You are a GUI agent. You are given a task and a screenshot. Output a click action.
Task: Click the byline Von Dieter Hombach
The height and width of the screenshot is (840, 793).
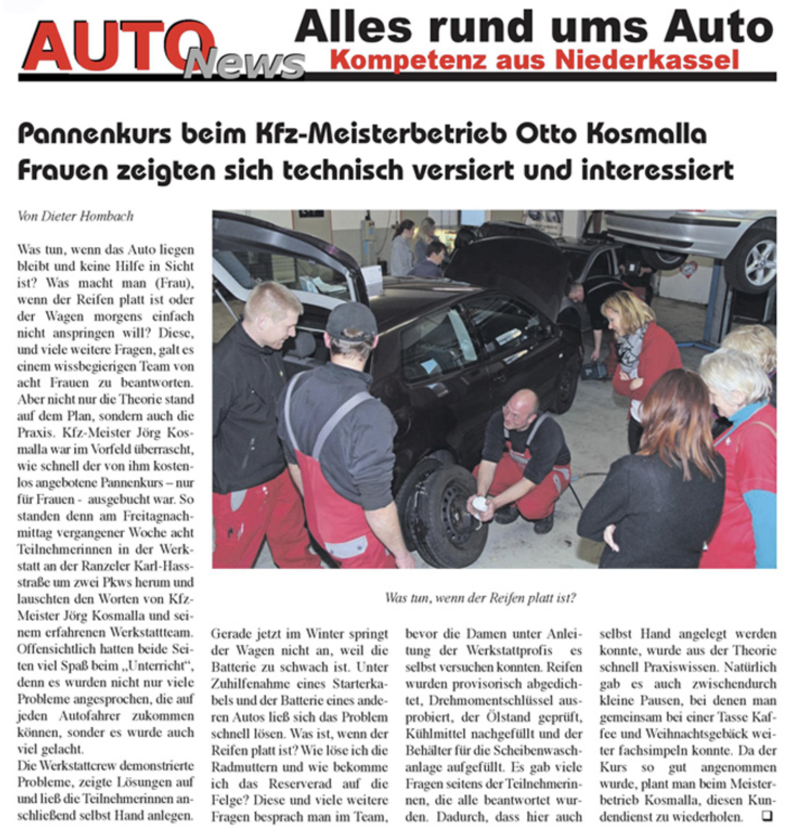pyautogui.click(x=76, y=216)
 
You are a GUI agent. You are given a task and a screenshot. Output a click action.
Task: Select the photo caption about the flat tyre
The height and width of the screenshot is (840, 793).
pyautogui.click(x=480, y=598)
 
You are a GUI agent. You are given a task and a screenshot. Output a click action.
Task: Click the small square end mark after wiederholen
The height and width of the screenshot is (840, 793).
pyautogui.click(x=767, y=816)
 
